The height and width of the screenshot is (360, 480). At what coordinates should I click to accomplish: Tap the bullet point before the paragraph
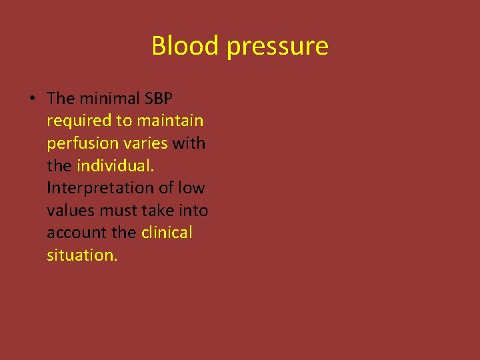pos(31,99)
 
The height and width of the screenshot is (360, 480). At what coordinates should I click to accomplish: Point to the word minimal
pos(107,99)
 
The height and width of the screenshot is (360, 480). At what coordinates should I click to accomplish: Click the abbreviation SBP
pos(157,99)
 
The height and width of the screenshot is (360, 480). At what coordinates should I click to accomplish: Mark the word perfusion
pos(79,144)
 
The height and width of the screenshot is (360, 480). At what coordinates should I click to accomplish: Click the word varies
pos(149,143)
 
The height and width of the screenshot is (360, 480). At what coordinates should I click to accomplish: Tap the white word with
pos(189,143)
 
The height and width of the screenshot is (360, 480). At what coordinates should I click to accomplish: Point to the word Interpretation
pos(102,189)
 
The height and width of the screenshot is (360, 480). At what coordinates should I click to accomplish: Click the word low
pos(191,188)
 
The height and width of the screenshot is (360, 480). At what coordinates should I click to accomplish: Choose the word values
pos(69,211)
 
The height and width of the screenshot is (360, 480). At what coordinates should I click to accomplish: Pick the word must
pos(117,211)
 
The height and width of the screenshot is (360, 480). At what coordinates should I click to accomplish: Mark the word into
pos(194,211)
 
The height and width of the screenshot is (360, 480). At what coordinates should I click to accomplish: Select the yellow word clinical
pos(167,233)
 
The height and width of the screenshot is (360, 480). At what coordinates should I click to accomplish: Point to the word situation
pos(82,255)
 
